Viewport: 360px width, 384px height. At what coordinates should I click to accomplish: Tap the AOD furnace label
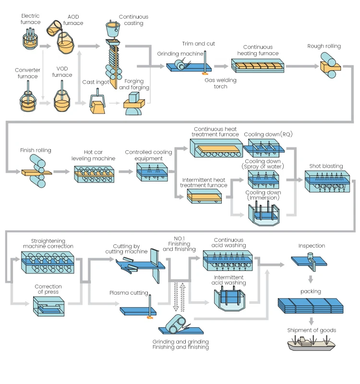73,20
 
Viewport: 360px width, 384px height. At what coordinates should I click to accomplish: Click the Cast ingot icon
98,105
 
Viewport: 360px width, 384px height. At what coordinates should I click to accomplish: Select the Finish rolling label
36,150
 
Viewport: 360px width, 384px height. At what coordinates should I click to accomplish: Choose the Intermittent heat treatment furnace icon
204,196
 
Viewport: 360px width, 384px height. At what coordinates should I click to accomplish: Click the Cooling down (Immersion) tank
263,214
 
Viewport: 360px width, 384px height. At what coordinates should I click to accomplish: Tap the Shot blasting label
326,166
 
